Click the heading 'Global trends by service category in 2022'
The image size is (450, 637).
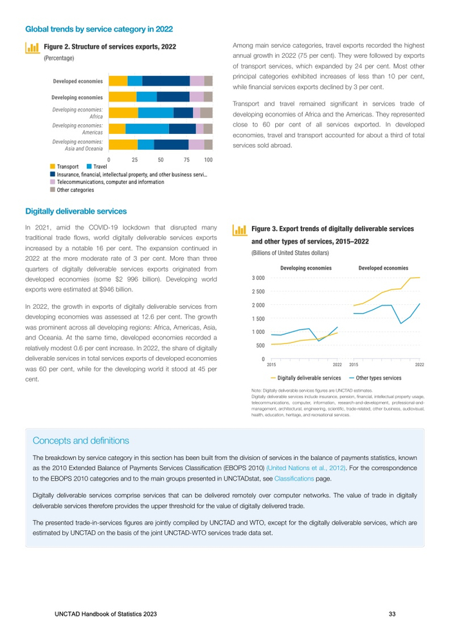[98, 29]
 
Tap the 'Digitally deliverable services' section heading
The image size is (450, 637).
[76, 211]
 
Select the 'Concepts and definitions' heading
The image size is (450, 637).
[80, 441]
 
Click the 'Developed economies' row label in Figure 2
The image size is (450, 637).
[77, 81]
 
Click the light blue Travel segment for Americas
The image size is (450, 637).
[147, 129]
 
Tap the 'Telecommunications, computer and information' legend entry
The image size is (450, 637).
[106, 182]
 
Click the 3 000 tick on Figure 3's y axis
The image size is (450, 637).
[257, 278]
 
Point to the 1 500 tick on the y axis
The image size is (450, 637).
[257, 318]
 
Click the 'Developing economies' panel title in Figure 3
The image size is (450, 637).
[306, 267]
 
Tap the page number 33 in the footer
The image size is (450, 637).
[392, 614]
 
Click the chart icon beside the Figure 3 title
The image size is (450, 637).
[240, 230]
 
